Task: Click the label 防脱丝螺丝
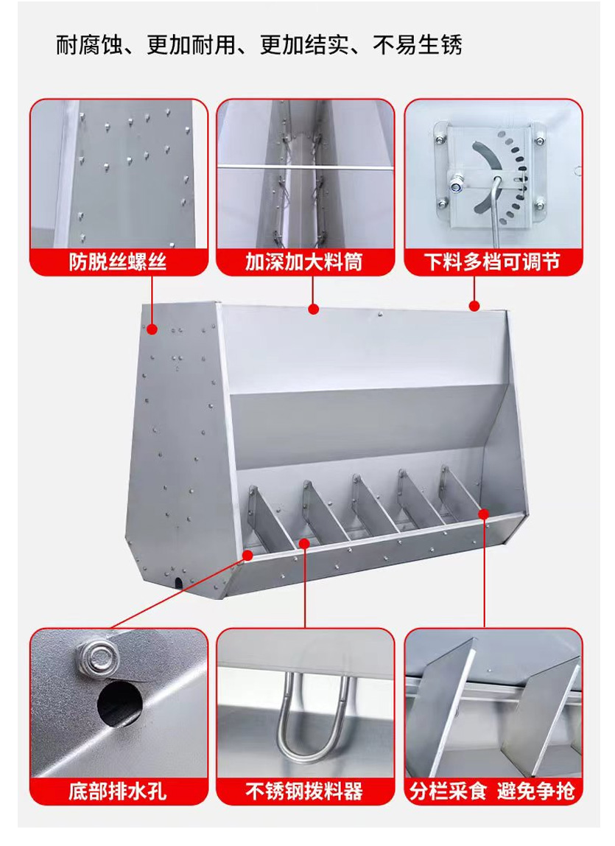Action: pyautogui.click(x=118, y=262)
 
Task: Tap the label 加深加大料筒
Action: pyautogui.click(x=303, y=262)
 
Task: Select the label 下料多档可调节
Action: pyautogui.click(x=491, y=262)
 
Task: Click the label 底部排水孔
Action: pyautogui.click(x=118, y=791)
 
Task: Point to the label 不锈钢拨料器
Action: pyautogui.click(x=303, y=791)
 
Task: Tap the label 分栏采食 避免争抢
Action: pyautogui.click(x=491, y=791)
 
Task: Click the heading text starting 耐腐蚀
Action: pyautogui.click(x=259, y=46)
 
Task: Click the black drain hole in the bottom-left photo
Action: pyautogui.click(x=120, y=703)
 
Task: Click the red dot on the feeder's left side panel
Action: pyautogui.click(x=152, y=329)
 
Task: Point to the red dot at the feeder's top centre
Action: pyautogui.click(x=314, y=310)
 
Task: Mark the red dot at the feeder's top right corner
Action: pyautogui.click(x=474, y=307)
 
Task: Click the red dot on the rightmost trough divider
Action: pyautogui.click(x=484, y=513)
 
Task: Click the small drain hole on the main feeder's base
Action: pyautogui.click(x=179, y=583)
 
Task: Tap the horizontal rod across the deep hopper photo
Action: pyautogui.click(x=306, y=168)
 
